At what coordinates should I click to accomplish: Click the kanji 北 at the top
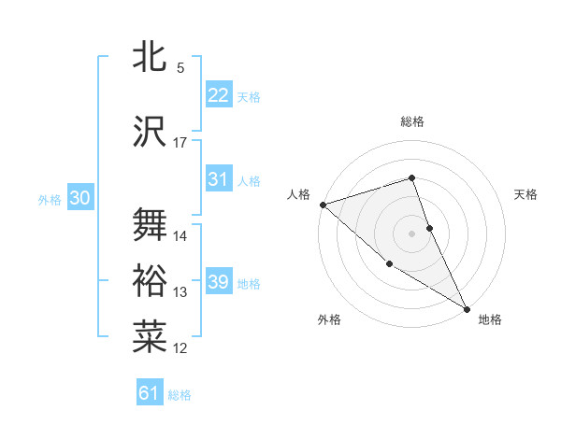click(x=149, y=57)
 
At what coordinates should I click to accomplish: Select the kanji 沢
click(x=149, y=134)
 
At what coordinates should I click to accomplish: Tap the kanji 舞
click(x=149, y=224)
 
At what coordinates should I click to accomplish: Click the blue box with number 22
click(x=218, y=95)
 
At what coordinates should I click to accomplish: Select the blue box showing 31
click(x=218, y=179)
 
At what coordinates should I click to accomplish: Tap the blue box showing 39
click(x=218, y=282)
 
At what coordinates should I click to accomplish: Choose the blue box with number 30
click(x=79, y=198)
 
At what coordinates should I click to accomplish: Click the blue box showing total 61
click(x=150, y=393)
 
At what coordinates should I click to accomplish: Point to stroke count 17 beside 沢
click(x=180, y=143)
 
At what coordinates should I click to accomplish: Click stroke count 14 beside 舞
click(x=180, y=236)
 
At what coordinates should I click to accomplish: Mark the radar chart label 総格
click(x=412, y=122)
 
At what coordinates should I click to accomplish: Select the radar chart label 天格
click(x=526, y=194)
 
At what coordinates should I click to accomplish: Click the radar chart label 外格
click(x=329, y=319)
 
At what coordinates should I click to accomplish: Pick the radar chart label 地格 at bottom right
click(x=490, y=319)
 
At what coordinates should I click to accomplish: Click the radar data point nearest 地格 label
click(x=467, y=308)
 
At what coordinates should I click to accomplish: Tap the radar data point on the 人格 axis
click(x=323, y=205)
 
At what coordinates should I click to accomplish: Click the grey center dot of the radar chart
click(x=411, y=234)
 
